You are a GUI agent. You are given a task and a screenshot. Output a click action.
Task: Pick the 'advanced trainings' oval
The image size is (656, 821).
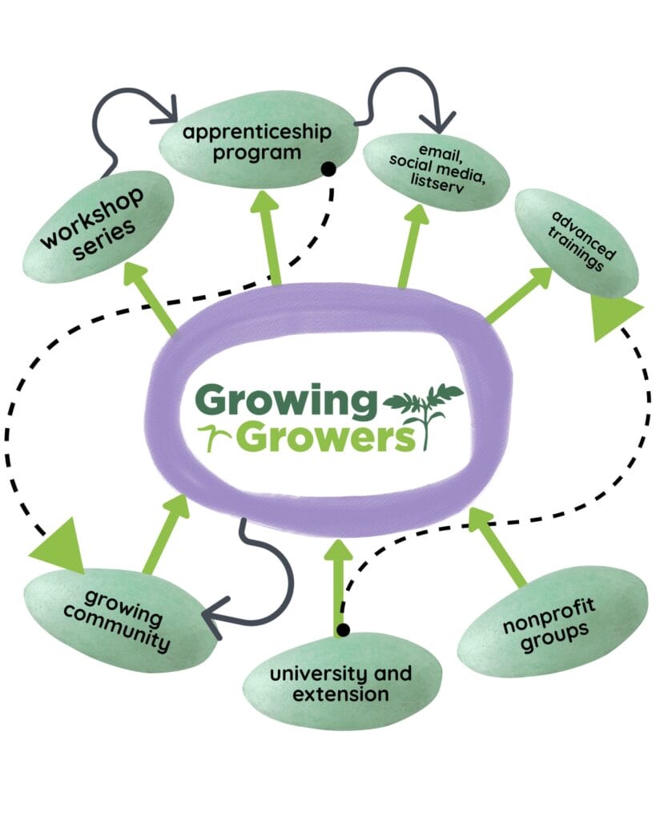pos(577,241)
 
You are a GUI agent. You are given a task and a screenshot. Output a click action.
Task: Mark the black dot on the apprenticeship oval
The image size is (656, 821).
pos(327,169)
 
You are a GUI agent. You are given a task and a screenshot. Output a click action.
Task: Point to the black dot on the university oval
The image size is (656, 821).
pos(343,630)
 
